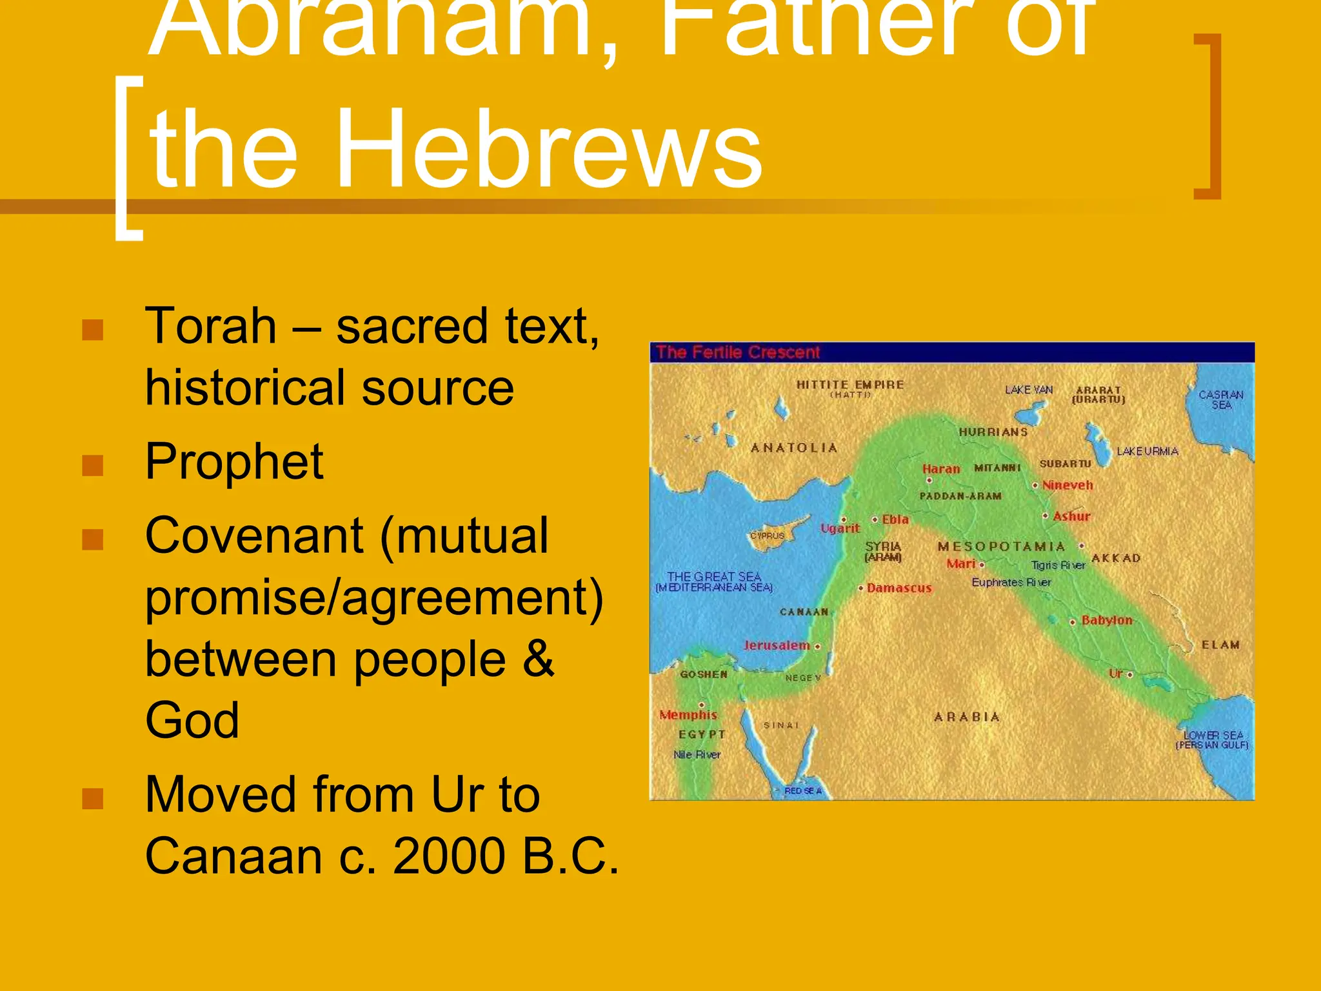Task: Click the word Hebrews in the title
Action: [x=548, y=150]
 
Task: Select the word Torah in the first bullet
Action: [x=211, y=326]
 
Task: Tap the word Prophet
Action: [x=233, y=461]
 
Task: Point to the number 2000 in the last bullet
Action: [x=449, y=856]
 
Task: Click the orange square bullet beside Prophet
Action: [x=93, y=465]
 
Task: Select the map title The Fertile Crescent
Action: [x=737, y=352]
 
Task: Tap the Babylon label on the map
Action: [x=1106, y=620]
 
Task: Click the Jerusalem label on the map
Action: [x=776, y=645]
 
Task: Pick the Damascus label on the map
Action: [x=899, y=588]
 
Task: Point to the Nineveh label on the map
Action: [x=1068, y=485]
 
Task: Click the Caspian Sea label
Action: [x=1220, y=399]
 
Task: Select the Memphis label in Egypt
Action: [x=688, y=715]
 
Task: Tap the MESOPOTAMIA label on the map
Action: [x=1001, y=546]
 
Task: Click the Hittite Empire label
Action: [x=849, y=385]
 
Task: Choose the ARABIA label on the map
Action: [x=967, y=717]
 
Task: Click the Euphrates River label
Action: [x=1011, y=582]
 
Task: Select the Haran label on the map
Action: [x=940, y=469]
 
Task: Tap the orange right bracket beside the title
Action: [x=1210, y=116]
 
